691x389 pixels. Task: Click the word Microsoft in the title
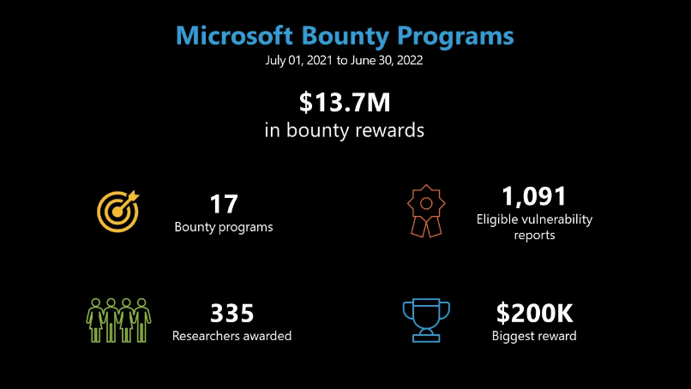(x=234, y=35)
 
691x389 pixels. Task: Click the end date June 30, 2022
(x=387, y=60)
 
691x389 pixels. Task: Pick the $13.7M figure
(x=345, y=102)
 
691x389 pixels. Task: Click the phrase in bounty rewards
(x=344, y=130)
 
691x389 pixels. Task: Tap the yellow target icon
(x=118, y=211)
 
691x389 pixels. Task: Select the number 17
(x=224, y=204)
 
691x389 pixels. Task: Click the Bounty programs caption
(x=224, y=227)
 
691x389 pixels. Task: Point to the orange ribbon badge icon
(x=426, y=211)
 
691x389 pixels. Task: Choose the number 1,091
(x=534, y=196)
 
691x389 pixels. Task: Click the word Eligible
(x=498, y=219)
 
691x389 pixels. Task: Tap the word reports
(x=534, y=236)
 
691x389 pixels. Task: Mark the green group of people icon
(x=118, y=320)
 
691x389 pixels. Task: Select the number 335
(x=231, y=314)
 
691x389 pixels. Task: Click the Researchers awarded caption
(x=231, y=336)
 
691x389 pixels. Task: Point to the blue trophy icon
(x=426, y=320)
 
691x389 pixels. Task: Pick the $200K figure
(x=534, y=314)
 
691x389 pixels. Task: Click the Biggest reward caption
(x=534, y=336)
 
